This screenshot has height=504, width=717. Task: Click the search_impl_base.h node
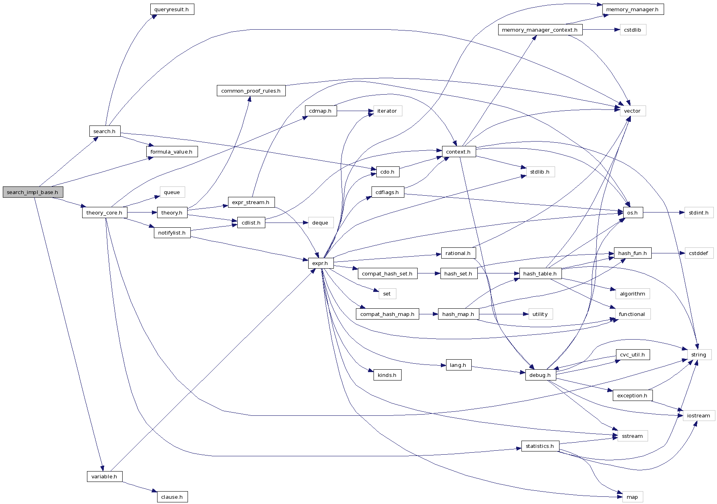[33, 192]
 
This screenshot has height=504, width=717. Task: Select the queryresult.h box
[172, 9]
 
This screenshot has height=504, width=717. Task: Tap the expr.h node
[321, 263]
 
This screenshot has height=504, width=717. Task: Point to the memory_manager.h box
[633, 9]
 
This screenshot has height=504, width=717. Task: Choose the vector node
[632, 111]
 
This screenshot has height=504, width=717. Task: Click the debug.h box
[540, 375]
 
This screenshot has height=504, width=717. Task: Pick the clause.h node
[172, 497]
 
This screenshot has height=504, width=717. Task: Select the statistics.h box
[540, 446]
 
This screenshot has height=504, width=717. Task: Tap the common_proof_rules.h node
[251, 91]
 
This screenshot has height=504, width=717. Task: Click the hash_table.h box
[540, 273]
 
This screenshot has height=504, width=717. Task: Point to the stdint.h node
[699, 213]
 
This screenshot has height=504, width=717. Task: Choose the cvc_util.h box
[632, 354]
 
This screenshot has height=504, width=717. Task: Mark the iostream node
[699, 415]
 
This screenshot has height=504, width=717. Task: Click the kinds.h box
[387, 375]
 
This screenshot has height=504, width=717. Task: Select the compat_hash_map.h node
[387, 314]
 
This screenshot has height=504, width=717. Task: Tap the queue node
[172, 192]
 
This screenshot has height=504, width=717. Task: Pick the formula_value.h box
[172, 152]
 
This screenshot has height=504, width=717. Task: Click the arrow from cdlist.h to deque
[286, 223]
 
